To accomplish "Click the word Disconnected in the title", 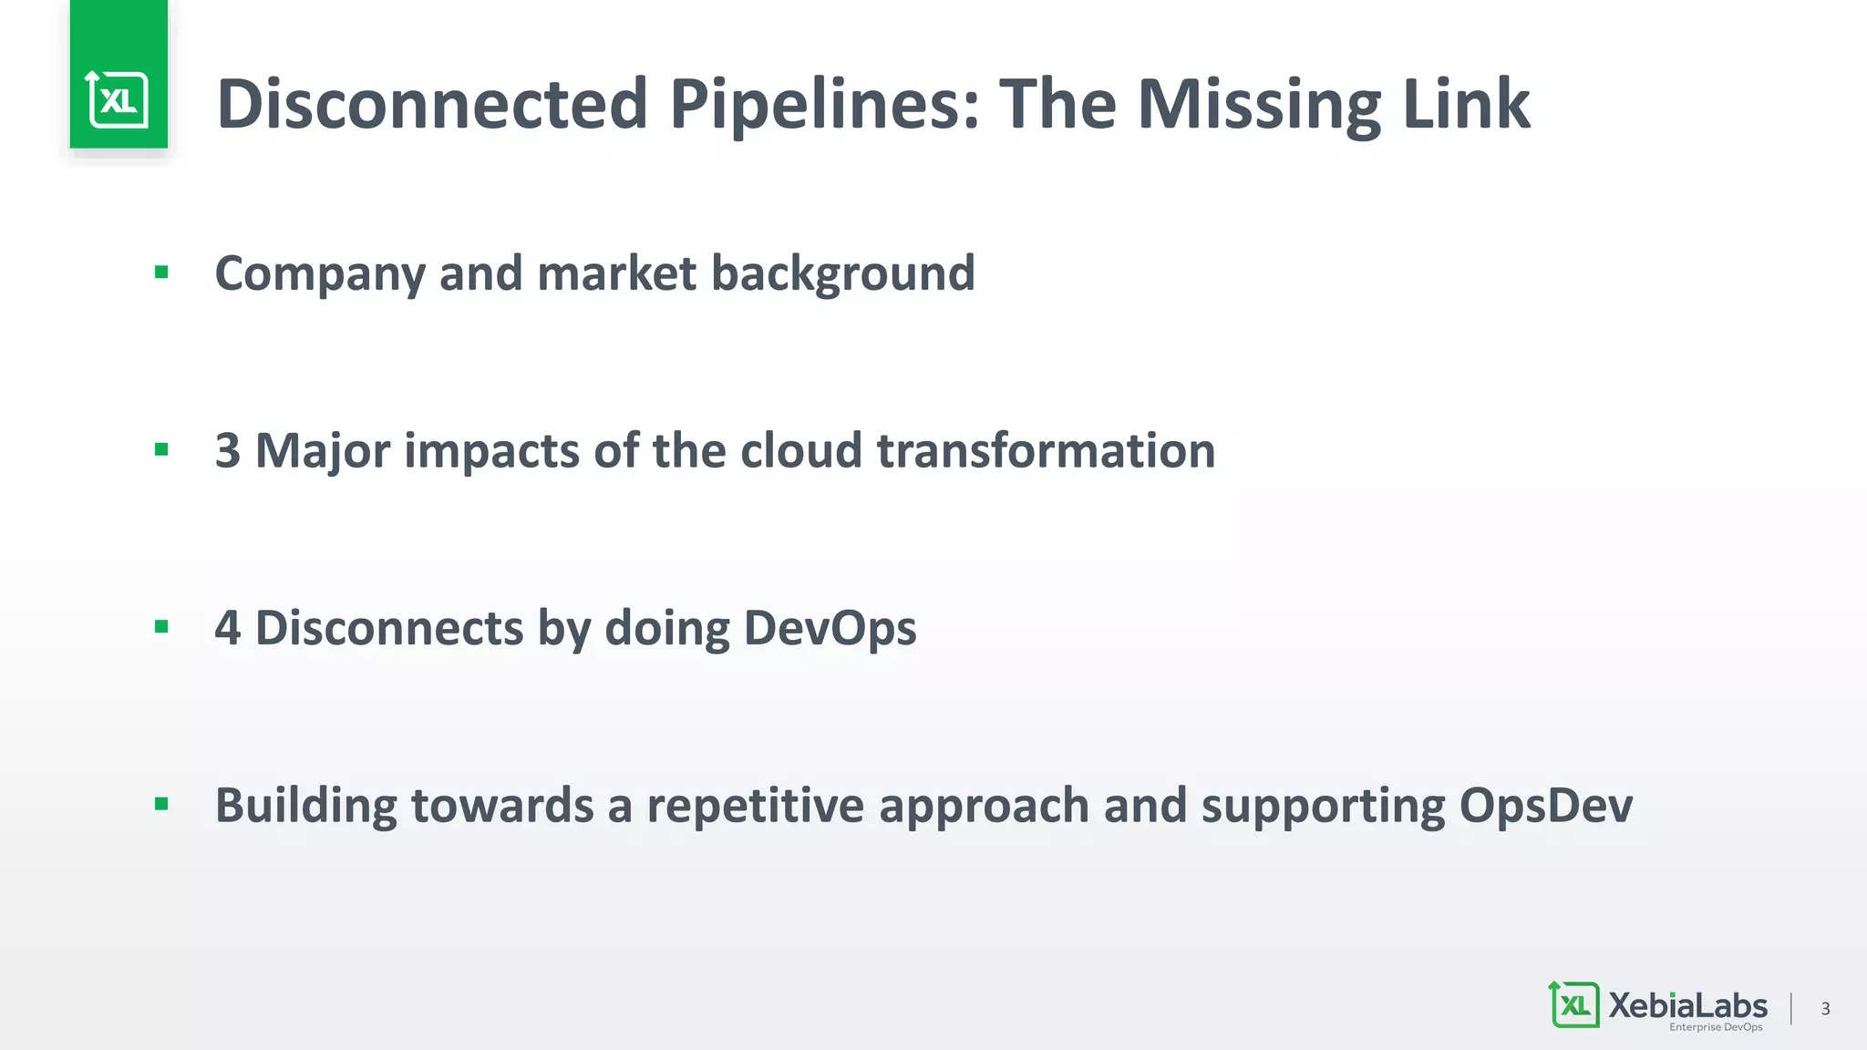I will coord(432,104).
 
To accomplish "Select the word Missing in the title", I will coord(1259,104).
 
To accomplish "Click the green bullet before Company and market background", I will coord(161,272).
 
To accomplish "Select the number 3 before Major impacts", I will coord(228,450).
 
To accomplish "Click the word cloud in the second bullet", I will coord(800,450).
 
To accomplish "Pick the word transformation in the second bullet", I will coord(1046,450).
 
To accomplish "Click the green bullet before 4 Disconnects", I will coord(161,626).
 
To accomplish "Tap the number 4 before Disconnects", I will coord(228,628).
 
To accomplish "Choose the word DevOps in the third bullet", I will coord(830,628).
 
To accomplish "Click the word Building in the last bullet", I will coord(305,806).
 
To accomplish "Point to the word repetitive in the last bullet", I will coord(755,806).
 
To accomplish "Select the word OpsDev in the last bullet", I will coord(1545,806).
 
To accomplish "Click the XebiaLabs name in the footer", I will coord(1687,1005).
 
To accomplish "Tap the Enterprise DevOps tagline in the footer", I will coord(1715,1027).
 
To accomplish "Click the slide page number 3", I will coord(1825,1008).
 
